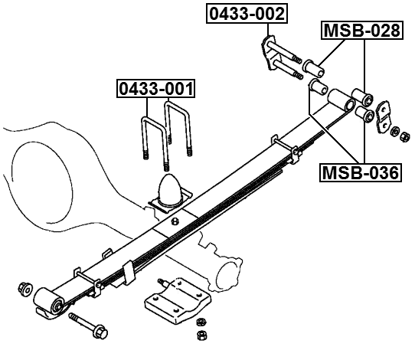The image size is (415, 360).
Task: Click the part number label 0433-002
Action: point(247,14)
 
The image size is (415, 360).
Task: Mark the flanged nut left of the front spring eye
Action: point(24,290)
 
